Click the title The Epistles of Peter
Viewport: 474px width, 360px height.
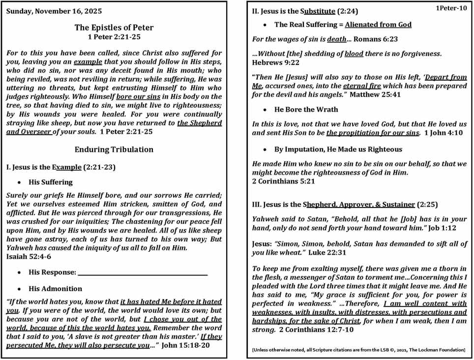114,28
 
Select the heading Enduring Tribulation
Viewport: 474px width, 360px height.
114,149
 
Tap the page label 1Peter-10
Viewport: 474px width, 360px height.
451,8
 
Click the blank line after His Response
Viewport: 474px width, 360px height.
143,272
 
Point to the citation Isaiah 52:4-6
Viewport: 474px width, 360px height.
28,256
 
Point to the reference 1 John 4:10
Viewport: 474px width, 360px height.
443,133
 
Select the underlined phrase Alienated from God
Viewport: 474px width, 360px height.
378,24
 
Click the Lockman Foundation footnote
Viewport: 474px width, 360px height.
358,350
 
